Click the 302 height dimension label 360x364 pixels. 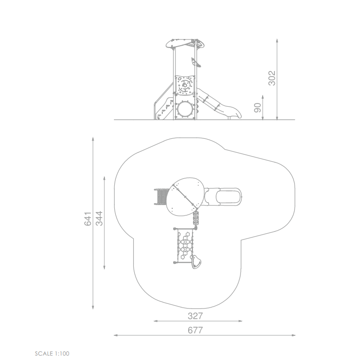[272, 78]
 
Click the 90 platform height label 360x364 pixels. [257, 108]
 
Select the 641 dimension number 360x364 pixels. [88, 219]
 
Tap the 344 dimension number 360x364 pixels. [99, 218]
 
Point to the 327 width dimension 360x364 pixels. [195, 316]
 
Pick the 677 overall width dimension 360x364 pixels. [195, 330]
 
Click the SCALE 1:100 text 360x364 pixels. [52, 354]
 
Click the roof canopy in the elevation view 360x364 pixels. [185, 44]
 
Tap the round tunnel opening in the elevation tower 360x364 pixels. [185, 110]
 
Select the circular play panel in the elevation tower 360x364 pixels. [185, 85]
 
